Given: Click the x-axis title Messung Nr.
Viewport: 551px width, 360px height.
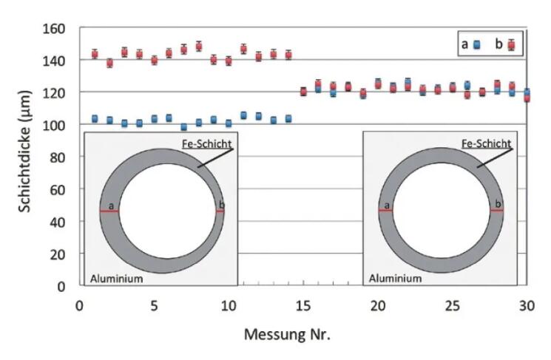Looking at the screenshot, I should (x=288, y=334).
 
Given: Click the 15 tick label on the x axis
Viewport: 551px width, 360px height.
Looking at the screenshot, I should (x=303, y=305).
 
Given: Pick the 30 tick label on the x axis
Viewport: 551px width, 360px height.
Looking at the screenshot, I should (x=527, y=305).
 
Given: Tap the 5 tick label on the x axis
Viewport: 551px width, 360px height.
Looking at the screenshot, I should (x=154, y=305).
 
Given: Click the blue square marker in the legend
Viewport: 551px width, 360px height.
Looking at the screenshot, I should (x=477, y=44).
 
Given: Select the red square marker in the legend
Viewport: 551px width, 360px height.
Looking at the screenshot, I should (x=511, y=44).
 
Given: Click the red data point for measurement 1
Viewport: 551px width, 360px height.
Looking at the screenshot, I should (x=95, y=54).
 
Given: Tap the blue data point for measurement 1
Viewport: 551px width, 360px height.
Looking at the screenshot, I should (x=95, y=118).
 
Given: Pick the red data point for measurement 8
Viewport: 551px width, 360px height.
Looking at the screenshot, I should (x=199, y=47).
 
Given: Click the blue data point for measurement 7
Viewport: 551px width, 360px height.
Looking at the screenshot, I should (x=184, y=126).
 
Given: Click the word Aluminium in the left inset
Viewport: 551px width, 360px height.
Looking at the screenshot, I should (x=116, y=279).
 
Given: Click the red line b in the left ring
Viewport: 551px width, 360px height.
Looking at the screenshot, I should (x=220, y=212).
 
